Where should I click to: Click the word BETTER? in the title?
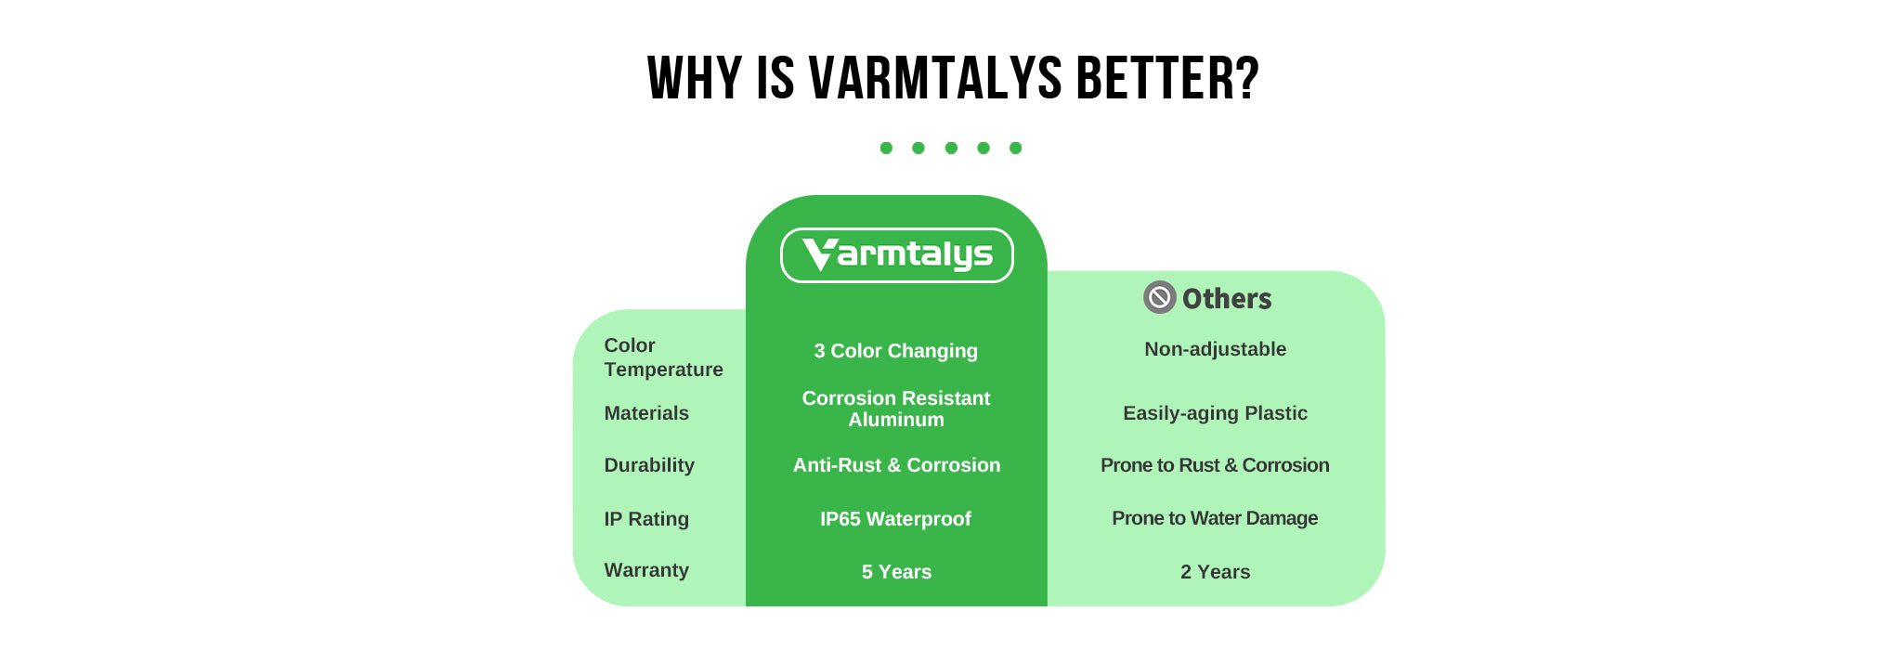pyautogui.click(x=1167, y=78)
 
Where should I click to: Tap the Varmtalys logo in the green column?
pyautogui.click(x=896, y=255)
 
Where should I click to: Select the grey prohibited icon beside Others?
pyautogui.click(x=1160, y=297)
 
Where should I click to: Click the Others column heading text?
pyautogui.click(x=1227, y=298)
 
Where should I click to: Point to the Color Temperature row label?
pyautogui.click(x=663, y=357)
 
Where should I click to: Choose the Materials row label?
pyautogui.click(x=646, y=413)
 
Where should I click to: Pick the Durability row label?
pyautogui.click(x=649, y=465)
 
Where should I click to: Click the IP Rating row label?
pyautogui.click(x=646, y=519)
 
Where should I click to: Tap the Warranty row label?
pyautogui.click(x=646, y=570)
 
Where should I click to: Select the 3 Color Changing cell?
pyautogui.click(x=896, y=351)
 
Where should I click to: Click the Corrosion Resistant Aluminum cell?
pyautogui.click(x=896, y=409)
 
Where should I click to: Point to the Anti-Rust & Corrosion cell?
pyautogui.click(x=896, y=465)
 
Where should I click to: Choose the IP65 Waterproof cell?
pyautogui.click(x=896, y=519)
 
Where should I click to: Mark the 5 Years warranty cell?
pyautogui.click(x=896, y=572)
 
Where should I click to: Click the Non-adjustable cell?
pyautogui.click(x=1215, y=349)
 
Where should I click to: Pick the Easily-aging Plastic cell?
pyautogui.click(x=1215, y=413)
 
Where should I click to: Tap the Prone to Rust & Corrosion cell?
pyautogui.click(x=1215, y=465)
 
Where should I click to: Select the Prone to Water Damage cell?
pyautogui.click(x=1215, y=518)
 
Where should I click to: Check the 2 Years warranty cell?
pyautogui.click(x=1215, y=572)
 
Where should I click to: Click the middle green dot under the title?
pyautogui.click(x=951, y=148)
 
